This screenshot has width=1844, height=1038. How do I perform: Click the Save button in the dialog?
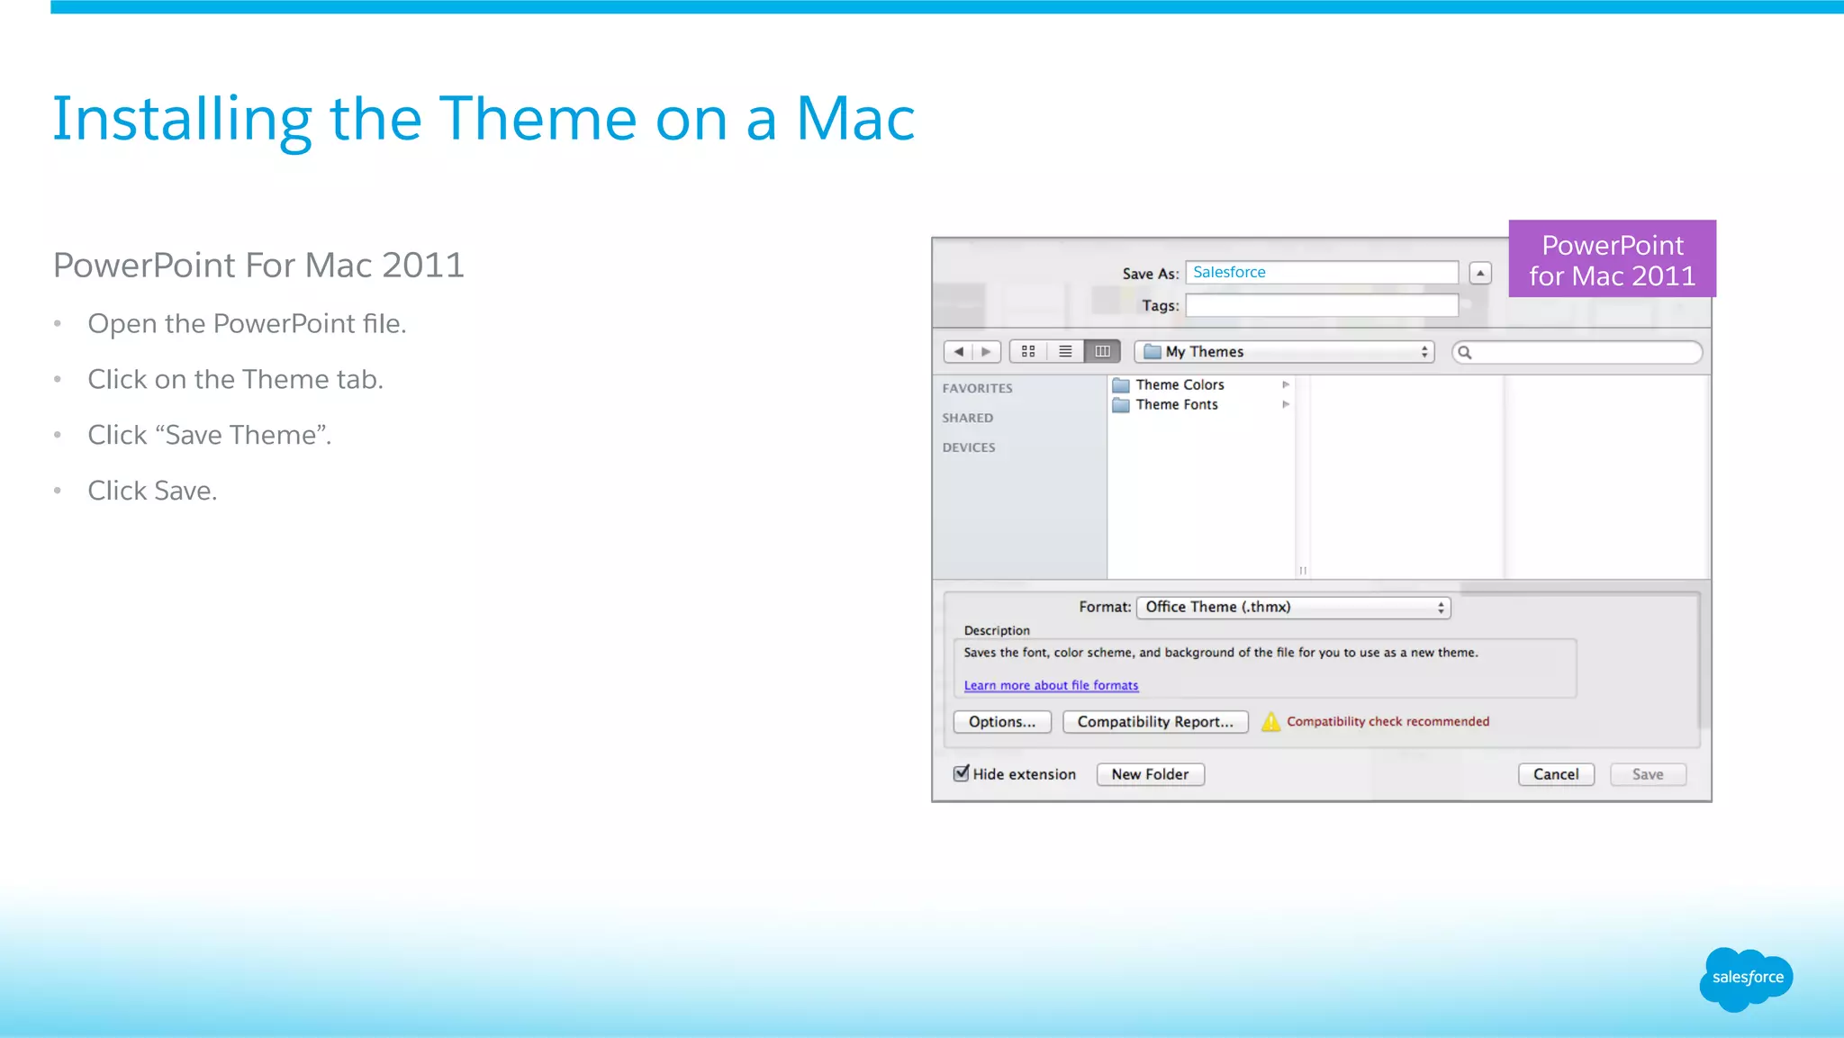tap(1647, 774)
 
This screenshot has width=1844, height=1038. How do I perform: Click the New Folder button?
tap(1150, 774)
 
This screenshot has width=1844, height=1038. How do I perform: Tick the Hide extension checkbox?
tap(962, 773)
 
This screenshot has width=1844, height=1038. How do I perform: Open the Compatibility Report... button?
tap(1155, 722)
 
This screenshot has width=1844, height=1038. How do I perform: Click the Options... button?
tap(1002, 722)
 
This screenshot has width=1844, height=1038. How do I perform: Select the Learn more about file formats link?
tap(1051, 686)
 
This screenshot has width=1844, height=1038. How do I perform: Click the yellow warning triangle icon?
tap(1270, 722)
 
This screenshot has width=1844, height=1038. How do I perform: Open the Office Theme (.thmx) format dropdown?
tap(1293, 608)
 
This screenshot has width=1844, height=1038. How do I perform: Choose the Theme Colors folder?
tap(1180, 385)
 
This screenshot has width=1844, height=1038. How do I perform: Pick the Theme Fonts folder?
tap(1176, 405)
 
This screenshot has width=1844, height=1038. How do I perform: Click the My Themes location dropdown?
tap(1284, 352)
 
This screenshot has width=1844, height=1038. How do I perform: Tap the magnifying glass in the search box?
tap(1465, 353)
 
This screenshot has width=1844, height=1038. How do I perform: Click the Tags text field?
tap(1321, 306)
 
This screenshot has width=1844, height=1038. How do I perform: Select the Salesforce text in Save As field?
tap(1229, 273)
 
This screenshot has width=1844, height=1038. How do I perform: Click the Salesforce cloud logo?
tap(1746, 978)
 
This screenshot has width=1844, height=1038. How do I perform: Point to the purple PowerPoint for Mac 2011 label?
tap(1612, 259)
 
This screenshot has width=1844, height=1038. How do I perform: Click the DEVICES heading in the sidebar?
tap(969, 447)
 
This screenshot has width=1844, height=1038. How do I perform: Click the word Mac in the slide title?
tap(855, 119)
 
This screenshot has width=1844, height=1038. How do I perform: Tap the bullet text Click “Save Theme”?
tap(210, 436)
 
